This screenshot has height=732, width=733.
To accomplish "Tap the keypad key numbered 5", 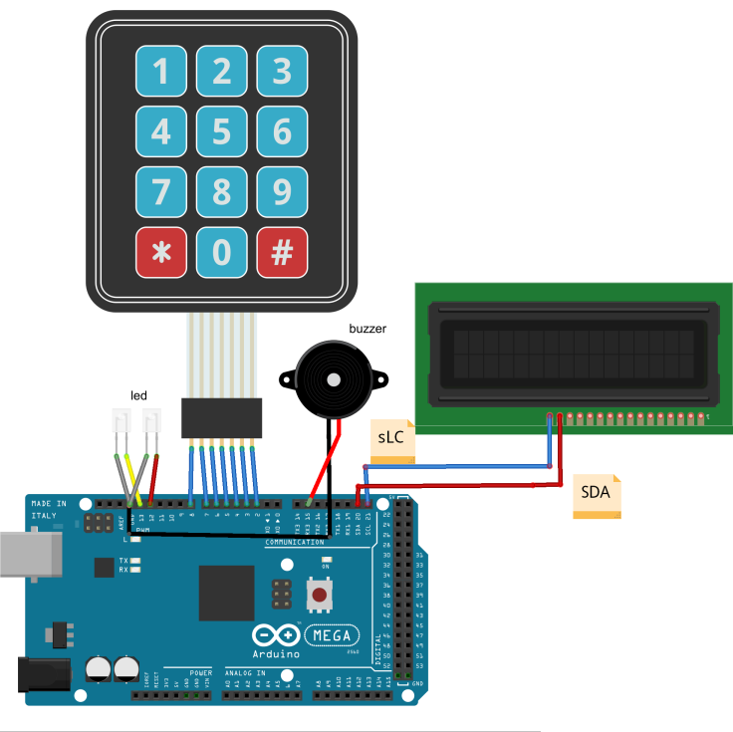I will point(221,131).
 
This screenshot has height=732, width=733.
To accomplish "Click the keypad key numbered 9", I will point(282,192).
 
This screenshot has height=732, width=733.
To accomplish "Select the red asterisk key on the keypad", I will point(160,253).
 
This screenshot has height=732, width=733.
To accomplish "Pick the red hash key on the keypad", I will point(282,253).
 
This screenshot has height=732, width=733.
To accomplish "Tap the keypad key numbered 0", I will point(221,253).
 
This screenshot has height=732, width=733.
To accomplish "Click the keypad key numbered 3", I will point(282,71).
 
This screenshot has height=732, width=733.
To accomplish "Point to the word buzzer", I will point(367,329).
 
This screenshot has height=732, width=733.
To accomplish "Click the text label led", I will point(139,395).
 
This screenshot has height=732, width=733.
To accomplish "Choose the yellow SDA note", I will point(597,495).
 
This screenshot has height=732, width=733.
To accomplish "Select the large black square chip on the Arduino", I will point(226,593).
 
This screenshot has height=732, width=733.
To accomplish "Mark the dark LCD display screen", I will point(573,350).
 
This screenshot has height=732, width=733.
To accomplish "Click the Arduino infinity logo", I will point(274,635).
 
